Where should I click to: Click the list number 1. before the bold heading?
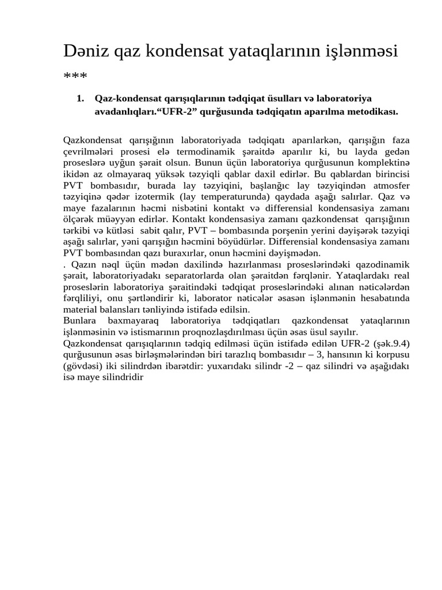pyautogui.click(x=81, y=99)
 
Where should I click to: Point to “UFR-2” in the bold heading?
pyautogui.click(x=188, y=111)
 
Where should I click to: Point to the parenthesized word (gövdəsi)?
pyautogui.click(x=83, y=366)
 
